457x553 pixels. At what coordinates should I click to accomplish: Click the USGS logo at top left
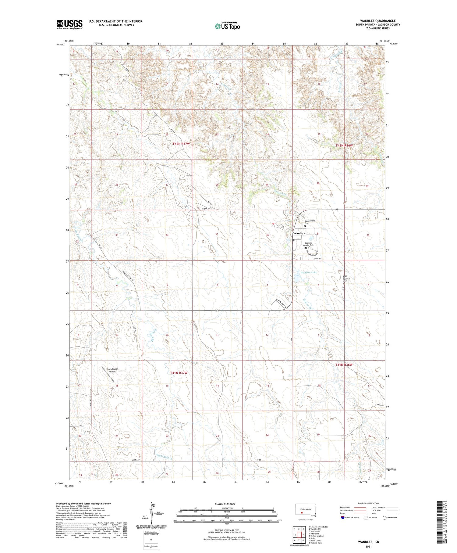tap(69, 24)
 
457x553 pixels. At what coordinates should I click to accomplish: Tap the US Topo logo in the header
tap(227, 26)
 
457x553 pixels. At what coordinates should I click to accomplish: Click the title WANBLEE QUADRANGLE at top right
tap(378, 21)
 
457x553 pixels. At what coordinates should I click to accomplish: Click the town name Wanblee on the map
tap(299, 233)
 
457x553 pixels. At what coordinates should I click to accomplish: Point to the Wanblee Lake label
tap(309, 272)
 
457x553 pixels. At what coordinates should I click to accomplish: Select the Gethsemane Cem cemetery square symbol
tap(305, 226)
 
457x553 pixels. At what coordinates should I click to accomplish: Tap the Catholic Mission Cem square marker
tap(306, 248)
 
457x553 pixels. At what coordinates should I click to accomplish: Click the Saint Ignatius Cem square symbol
tap(343, 284)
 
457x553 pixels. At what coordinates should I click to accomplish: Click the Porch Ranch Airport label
tap(112, 370)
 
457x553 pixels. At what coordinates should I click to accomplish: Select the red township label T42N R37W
tap(181, 144)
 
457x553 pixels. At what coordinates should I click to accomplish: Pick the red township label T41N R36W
tap(344, 365)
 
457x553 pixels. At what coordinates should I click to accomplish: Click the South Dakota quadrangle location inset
tap(306, 510)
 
